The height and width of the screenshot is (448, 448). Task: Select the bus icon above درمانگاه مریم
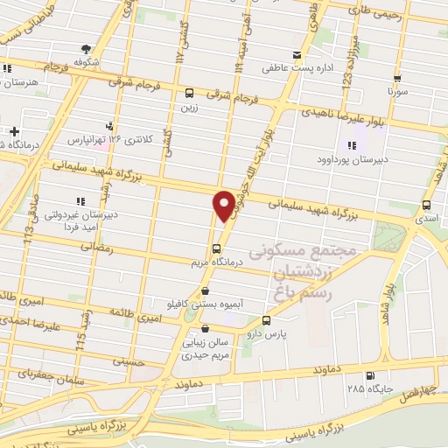[217, 248]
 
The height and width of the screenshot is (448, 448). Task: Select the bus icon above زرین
[189, 93]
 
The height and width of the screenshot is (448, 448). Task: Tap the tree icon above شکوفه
[86, 49]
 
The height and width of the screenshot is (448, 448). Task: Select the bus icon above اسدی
[426, 205]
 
